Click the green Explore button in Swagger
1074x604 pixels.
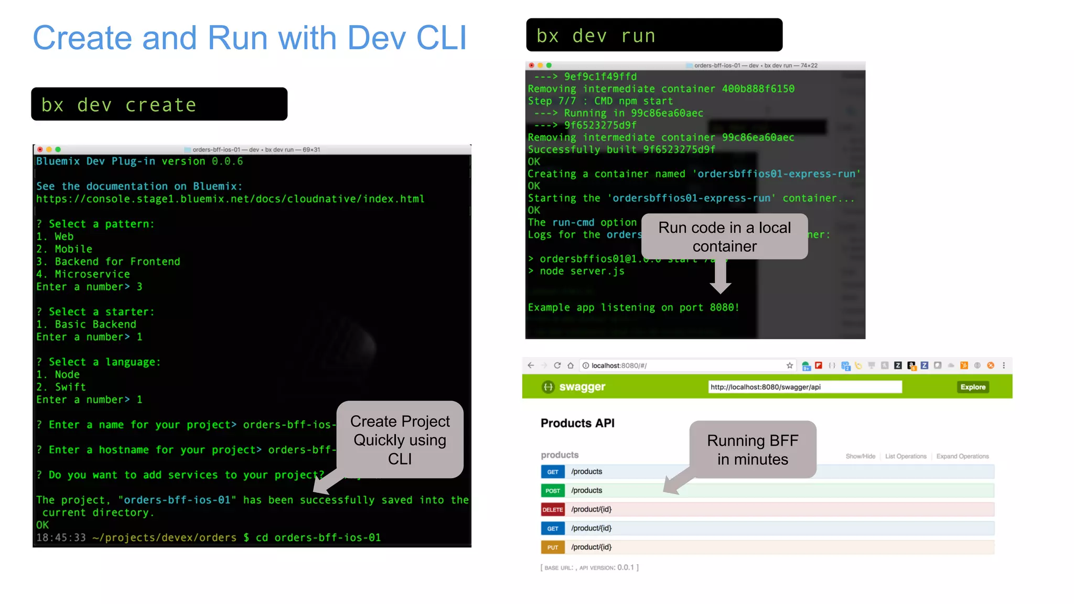[973, 387]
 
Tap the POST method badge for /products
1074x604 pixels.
[552, 491]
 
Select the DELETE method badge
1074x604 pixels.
[552, 510]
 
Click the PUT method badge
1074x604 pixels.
[552, 547]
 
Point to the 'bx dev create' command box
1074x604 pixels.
[159, 104]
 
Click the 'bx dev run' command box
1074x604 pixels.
[653, 35]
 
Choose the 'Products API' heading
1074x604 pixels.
[577, 423]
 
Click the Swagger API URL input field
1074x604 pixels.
[804, 387]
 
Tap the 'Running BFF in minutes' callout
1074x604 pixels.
[753, 449]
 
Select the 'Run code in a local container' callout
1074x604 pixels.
[724, 236]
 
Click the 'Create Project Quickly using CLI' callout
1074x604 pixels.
[400, 440]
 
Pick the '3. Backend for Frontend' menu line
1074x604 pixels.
[108, 262]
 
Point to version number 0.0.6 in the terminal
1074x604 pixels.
[227, 161]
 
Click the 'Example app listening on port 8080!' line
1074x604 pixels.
[633, 307]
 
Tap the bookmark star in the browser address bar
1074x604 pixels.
[789, 365]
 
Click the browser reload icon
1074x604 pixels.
[557, 365]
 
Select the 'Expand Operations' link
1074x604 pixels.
[962, 456]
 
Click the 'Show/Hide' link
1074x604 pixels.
[860, 456]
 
